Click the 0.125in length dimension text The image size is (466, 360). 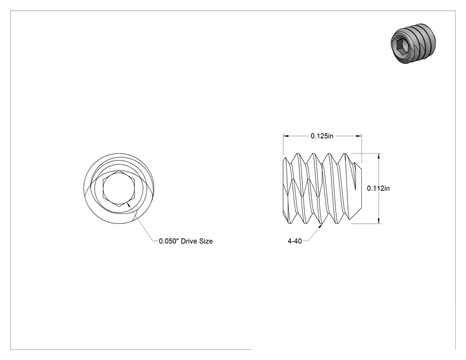pyautogui.click(x=322, y=136)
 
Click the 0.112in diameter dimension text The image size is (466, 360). pyautogui.click(x=378, y=188)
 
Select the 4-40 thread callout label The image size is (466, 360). pyautogui.click(x=295, y=241)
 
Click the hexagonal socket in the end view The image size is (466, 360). pyautogui.click(x=119, y=188)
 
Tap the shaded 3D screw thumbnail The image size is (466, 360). pyautogui.click(x=413, y=44)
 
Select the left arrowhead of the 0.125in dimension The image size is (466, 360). pyautogui.click(x=286, y=136)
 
